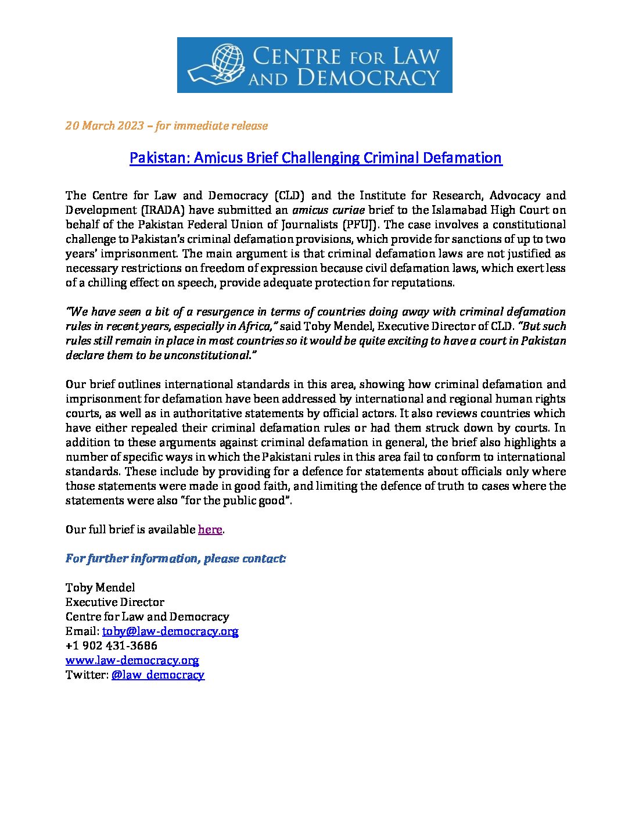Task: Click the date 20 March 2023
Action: click(x=105, y=126)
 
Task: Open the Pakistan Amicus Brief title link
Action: click(x=315, y=158)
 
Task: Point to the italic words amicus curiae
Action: click(x=328, y=210)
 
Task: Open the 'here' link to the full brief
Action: click(x=210, y=529)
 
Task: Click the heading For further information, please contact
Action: click(x=175, y=558)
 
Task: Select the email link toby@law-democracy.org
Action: click(x=170, y=631)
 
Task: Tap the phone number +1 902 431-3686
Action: click(x=112, y=645)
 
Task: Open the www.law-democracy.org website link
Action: click(x=132, y=660)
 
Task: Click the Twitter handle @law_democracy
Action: click(x=157, y=675)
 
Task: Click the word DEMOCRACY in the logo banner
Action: click(x=368, y=77)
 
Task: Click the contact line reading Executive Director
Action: click(x=115, y=602)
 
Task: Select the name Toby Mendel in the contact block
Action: click(x=100, y=587)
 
